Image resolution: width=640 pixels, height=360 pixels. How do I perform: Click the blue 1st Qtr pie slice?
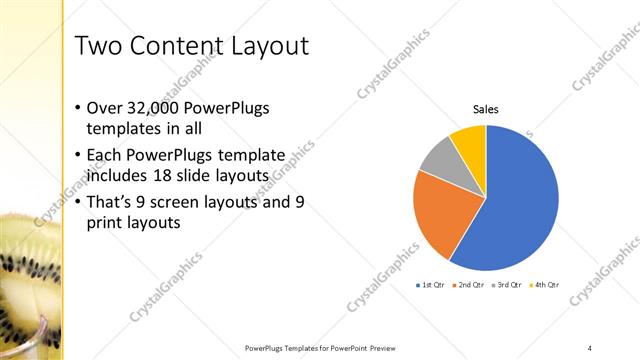click(x=515, y=205)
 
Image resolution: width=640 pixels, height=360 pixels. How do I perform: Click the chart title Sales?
click(x=485, y=109)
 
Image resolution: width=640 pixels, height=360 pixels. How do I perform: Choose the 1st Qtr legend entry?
click(x=432, y=285)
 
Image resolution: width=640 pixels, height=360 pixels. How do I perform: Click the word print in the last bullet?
click(x=104, y=223)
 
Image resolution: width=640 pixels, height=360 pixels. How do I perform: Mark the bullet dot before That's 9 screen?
click(x=80, y=203)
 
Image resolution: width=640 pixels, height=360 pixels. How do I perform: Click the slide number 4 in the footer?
click(x=590, y=348)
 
